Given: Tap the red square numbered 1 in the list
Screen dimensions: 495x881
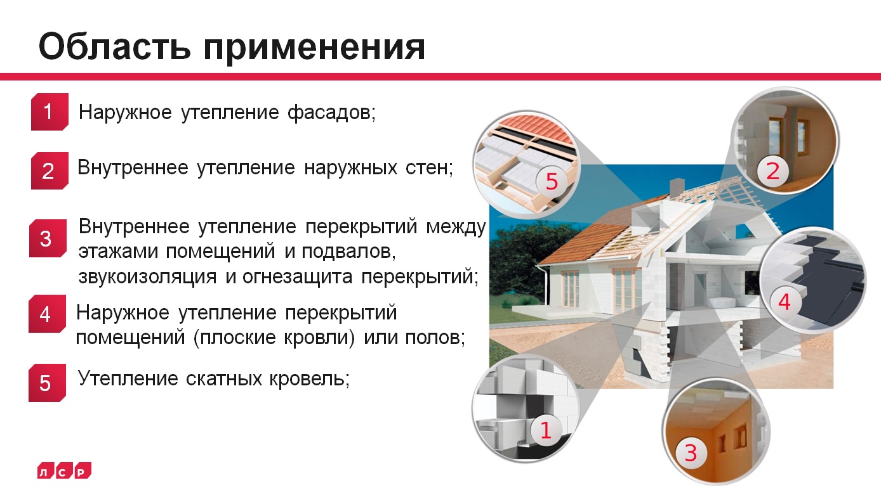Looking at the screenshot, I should (49, 113).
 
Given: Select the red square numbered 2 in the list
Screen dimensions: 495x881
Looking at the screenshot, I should (49, 171).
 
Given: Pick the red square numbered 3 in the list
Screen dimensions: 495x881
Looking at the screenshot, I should (46, 239).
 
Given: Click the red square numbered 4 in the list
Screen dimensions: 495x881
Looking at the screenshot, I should (46, 314).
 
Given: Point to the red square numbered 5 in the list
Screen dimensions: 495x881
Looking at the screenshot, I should (46, 383).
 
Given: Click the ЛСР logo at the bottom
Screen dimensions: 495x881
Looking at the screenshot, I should (64, 470).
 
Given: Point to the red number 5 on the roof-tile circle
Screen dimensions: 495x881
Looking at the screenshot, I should (551, 182).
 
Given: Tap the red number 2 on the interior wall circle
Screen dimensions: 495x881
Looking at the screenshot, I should (772, 172).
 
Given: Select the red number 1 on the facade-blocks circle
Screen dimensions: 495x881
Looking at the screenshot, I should (545, 430).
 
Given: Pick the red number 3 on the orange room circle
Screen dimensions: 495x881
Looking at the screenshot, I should (691, 453).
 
